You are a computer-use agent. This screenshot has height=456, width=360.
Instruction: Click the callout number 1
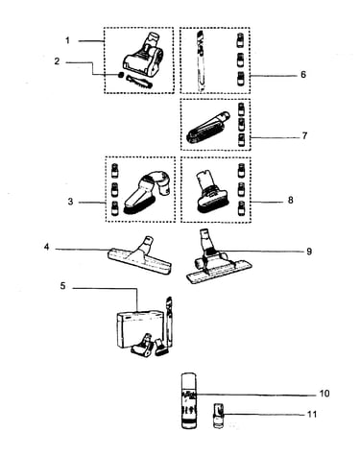click(x=67, y=40)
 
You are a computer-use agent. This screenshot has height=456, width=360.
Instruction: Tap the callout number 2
click(x=57, y=61)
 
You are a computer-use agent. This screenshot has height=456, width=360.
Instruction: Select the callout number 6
click(x=303, y=75)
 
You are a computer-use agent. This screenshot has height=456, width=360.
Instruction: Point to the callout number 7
click(x=304, y=135)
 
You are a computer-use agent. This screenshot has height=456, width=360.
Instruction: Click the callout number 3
click(x=70, y=202)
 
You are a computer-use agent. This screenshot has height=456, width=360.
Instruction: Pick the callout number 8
click(x=290, y=201)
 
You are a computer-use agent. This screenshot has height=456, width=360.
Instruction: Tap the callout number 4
click(x=47, y=247)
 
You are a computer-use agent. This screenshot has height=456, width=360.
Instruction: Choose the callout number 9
click(x=309, y=252)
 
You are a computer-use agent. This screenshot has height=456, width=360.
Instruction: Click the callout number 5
click(x=62, y=286)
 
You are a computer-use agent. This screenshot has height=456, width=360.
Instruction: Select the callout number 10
click(x=324, y=394)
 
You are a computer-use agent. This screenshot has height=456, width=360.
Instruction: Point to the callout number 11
click(x=312, y=415)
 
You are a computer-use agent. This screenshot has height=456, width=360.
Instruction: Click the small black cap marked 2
click(x=120, y=75)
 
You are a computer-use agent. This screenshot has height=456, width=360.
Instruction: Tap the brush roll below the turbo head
click(x=139, y=81)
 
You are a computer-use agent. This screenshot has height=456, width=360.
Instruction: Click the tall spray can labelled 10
click(x=189, y=400)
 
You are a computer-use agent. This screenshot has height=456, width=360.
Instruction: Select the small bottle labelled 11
click(x=219, y=416)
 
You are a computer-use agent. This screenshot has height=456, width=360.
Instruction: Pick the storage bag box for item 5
click(x=140, y=330)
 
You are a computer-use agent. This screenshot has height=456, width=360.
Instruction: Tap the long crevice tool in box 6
click(x=200, y=60)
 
